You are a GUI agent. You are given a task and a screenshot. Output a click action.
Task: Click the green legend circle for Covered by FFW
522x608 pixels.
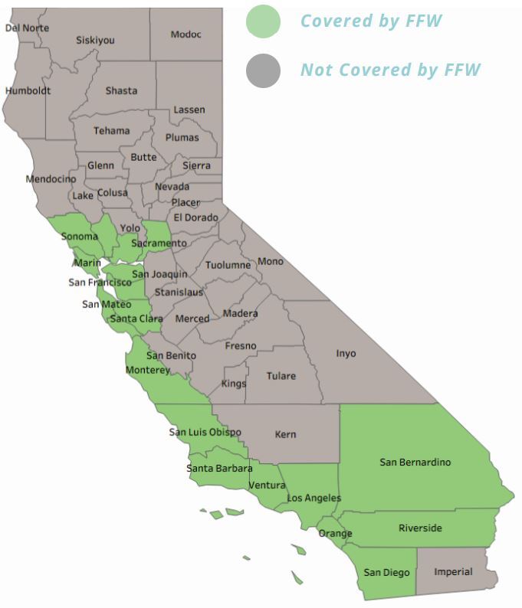(263, 21)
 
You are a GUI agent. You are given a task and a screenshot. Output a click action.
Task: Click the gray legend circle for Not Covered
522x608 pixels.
(263, 70)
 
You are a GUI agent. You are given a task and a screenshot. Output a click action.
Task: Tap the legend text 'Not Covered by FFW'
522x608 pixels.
(390, 70)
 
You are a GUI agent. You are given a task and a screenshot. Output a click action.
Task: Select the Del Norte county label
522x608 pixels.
(27, 28)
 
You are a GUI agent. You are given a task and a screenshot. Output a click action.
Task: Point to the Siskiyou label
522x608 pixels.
(94, 40)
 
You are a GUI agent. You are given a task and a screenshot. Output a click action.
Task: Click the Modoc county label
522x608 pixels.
(185, 34)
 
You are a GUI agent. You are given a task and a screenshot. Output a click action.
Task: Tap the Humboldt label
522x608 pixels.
(28, 90)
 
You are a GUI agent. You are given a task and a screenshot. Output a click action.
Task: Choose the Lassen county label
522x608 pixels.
(189, 110)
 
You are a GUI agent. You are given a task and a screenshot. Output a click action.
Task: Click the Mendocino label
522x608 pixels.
(51, 179)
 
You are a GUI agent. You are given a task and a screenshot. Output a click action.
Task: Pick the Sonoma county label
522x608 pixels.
(79, 237)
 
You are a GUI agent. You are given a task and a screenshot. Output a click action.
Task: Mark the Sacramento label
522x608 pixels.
(159, 244)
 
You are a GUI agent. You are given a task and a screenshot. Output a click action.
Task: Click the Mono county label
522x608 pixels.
(270, 262)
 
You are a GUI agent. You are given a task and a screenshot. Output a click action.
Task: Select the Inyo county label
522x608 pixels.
(346, 354)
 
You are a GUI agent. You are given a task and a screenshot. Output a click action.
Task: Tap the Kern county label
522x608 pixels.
(285, 435)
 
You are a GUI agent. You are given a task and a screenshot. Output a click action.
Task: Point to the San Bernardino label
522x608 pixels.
(415, 463)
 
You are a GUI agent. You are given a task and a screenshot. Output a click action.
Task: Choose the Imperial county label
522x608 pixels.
(453, 572)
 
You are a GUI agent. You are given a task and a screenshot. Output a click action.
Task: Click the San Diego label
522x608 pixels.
(386, 573)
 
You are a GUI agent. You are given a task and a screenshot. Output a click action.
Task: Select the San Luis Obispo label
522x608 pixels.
(205, 433)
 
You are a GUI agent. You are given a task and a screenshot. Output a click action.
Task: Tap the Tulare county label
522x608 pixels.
(281, 376)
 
